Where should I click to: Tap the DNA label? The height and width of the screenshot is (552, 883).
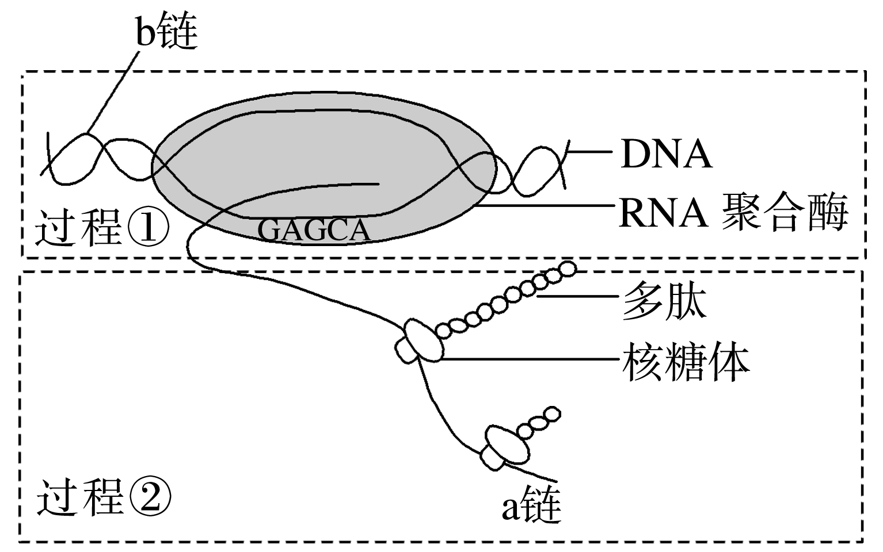pos(665,154)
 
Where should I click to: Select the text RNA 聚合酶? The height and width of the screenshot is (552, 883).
pos(733,212)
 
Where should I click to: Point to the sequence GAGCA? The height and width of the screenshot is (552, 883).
pos(313,231)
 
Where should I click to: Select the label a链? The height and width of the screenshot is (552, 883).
pos(530,506)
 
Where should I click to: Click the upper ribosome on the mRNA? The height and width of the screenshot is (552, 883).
pos(420,344)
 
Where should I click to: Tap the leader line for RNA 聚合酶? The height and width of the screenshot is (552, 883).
pos(547,206)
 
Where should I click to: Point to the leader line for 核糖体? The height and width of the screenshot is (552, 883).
pos(530,359)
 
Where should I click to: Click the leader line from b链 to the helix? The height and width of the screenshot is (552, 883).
pos(112,92)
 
